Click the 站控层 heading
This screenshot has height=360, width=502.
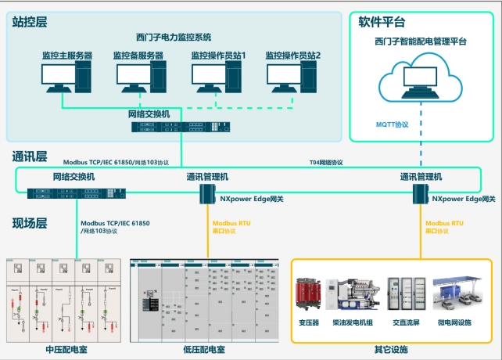point(30,22)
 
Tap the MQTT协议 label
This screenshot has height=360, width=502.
point(393,124)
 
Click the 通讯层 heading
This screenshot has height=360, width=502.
point(30,156)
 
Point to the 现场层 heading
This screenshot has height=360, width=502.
point(30,224)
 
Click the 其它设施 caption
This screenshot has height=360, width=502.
point(391,349)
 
